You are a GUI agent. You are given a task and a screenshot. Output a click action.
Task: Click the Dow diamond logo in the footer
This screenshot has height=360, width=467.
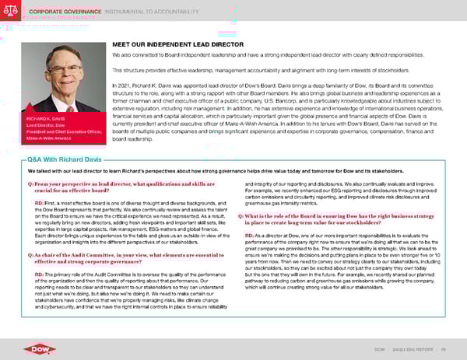[31, 344]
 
